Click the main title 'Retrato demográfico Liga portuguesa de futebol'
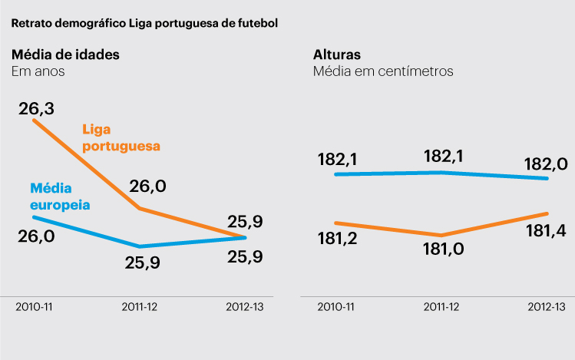click(144, 22)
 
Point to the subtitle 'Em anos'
click(38, 71)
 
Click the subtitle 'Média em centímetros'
click(383, 71)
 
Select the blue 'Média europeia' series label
click(61, 197)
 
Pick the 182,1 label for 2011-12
click(443, 156)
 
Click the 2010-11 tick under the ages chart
click(35, 306)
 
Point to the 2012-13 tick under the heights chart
click(547, 306)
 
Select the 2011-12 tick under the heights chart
click(442, 306)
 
